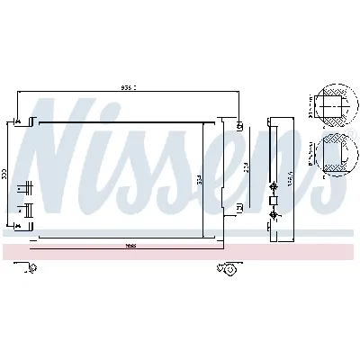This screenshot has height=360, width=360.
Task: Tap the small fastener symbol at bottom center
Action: [x=229, y=266]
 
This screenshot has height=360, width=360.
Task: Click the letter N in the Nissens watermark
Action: [x=67, y=157]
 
